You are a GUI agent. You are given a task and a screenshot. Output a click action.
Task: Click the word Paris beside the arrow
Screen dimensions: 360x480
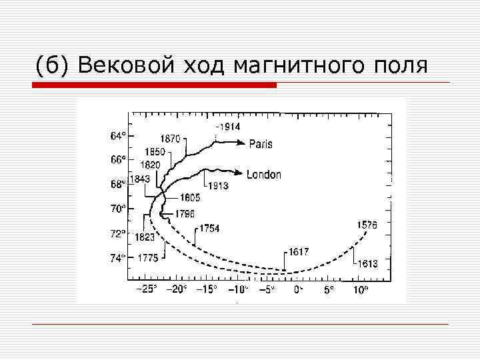pyautogui.click(x=261, y=144)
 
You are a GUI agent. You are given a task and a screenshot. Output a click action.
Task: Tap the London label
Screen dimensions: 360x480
pyautogui.click(x=264, y=175)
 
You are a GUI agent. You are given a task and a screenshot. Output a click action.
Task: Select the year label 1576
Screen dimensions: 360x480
pyautogui.click(x=367, y=225)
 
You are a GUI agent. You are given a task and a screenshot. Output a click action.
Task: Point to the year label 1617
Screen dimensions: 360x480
pyautogui.click(x=299, y=251)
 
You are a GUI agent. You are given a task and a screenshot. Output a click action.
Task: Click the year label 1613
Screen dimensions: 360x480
pyautogui.click(x=367, y=263)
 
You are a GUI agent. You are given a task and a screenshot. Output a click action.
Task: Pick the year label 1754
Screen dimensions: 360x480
pyautogui.click(x=209, y=229)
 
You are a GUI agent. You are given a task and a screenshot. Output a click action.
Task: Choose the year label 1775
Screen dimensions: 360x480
pyautogui.click(x=147, y=258)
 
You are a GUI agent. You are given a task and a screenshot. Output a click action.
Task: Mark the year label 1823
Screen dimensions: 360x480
pyautogui.click(x=145, y=236)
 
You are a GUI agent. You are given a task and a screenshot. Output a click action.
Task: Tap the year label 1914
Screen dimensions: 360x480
pyautogui.click(x=228, y=127)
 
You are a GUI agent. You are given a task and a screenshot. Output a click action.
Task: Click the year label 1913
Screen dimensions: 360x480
pyautogui.click(x=219, y=185)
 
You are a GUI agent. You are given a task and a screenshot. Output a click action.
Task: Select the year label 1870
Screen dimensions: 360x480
pyautogui.click(x=169, y=139)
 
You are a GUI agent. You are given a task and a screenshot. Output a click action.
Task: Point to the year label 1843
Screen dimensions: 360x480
pyautogui.click(x=139, y=179)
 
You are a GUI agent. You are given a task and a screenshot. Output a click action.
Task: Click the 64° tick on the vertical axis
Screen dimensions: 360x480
pyautogui.click(x=117, y=135)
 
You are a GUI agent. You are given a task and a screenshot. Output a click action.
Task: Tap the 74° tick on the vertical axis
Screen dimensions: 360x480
pyautogui.click(x=117, y=257)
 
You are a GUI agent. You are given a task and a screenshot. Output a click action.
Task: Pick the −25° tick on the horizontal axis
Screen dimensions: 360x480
pyautogui.click(x=146, y=289)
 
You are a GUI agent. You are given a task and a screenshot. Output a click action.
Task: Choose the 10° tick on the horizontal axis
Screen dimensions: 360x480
pyautogui.click(x=359, y=289)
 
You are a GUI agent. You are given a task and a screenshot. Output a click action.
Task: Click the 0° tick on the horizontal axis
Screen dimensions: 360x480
pyautogui.click(x=299, y=289)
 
